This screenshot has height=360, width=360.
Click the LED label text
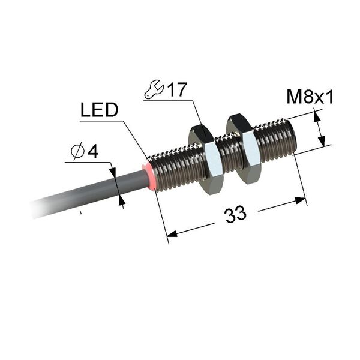[99, 110]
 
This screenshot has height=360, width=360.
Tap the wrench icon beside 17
[154, 89]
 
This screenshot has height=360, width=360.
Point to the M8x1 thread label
[310, 97]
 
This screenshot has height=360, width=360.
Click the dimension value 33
[236, 214]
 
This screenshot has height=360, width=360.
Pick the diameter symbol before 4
[78, 151]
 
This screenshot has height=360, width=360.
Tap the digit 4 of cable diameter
[93, 151]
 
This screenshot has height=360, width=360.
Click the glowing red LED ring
[149, 176]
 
